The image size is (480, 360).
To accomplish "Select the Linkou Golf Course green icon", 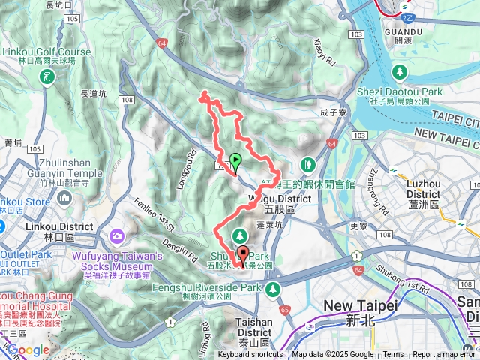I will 48,76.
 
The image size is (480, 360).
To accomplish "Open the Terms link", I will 393,355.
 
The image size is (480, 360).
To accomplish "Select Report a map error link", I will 445,355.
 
